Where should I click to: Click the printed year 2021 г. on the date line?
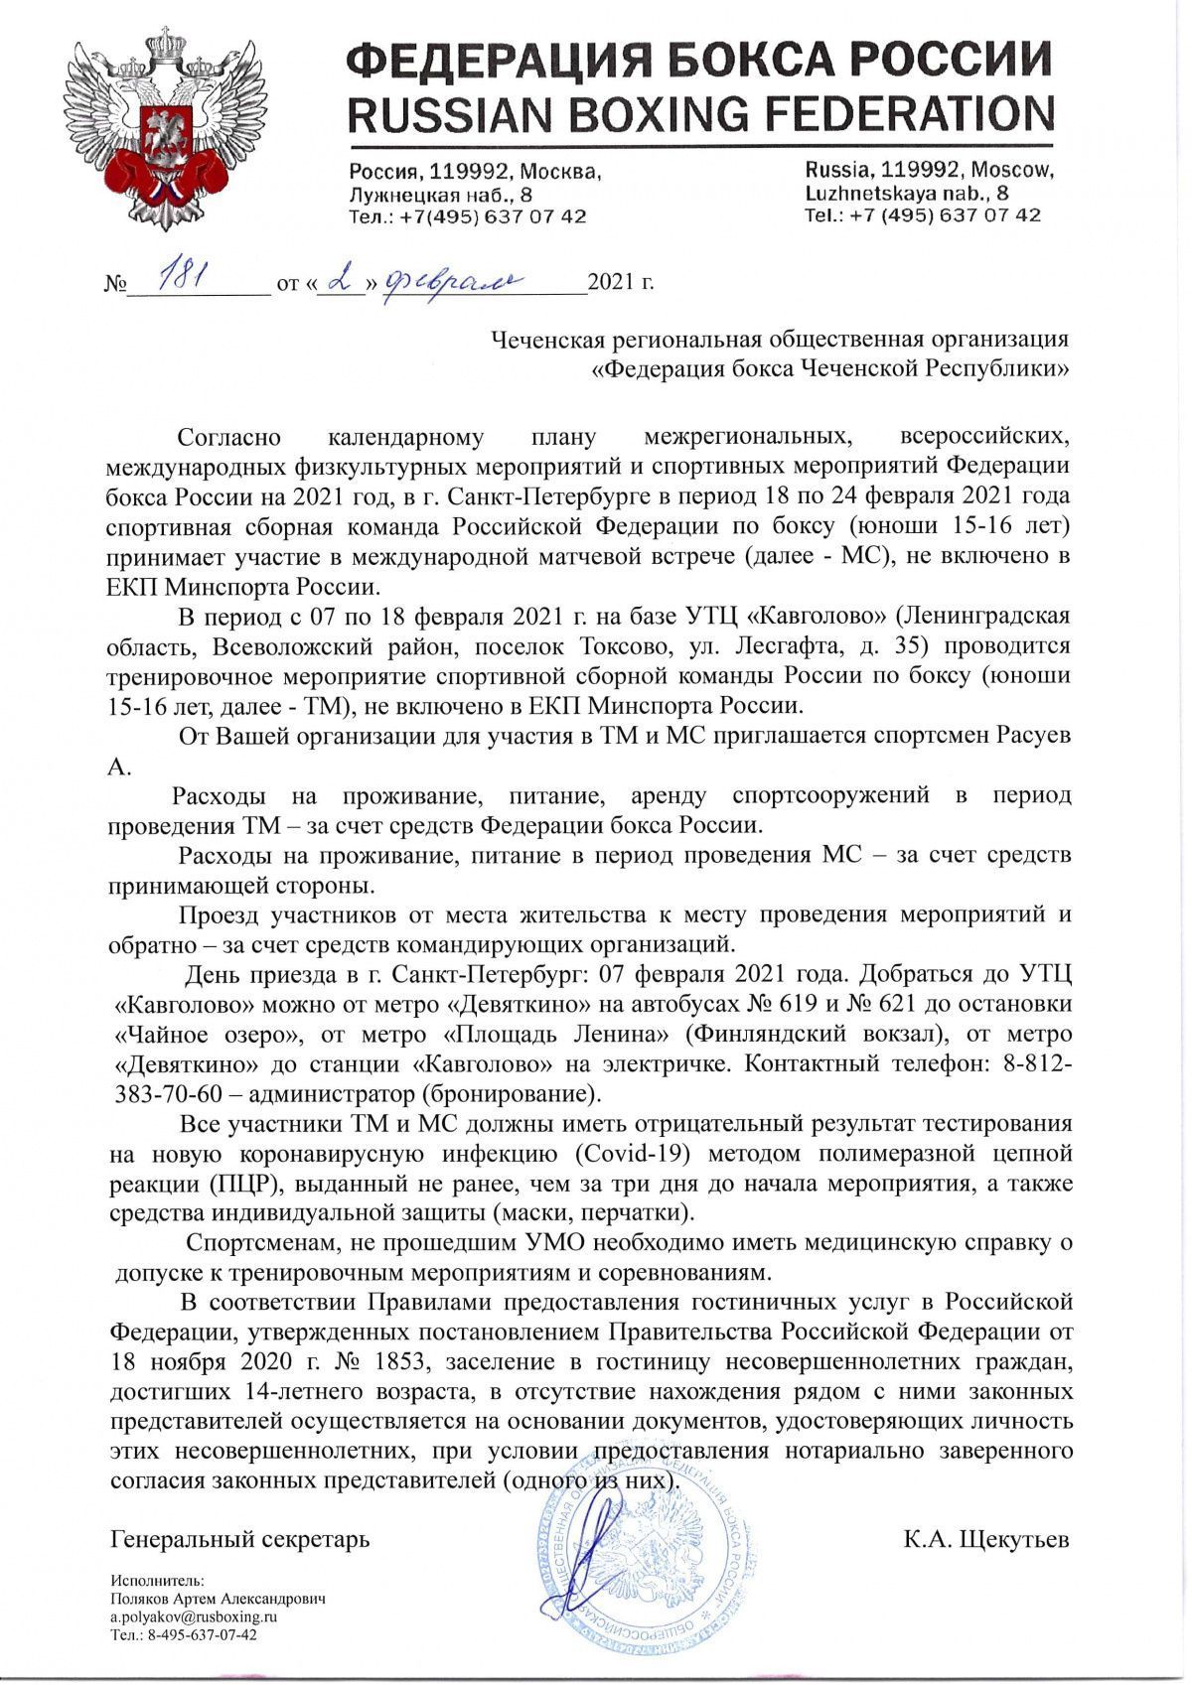point(621,284)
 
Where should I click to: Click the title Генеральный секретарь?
point(239,1540)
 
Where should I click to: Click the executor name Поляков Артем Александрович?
point(218,1599)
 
